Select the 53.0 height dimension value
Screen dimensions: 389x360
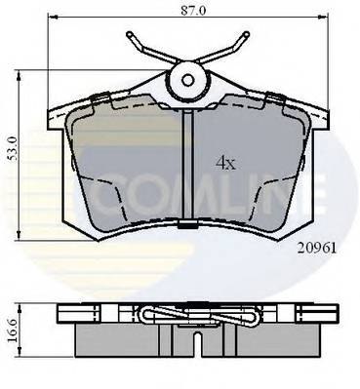(x=12, y=151)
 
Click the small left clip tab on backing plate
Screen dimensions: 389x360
(x=99, y=97)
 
